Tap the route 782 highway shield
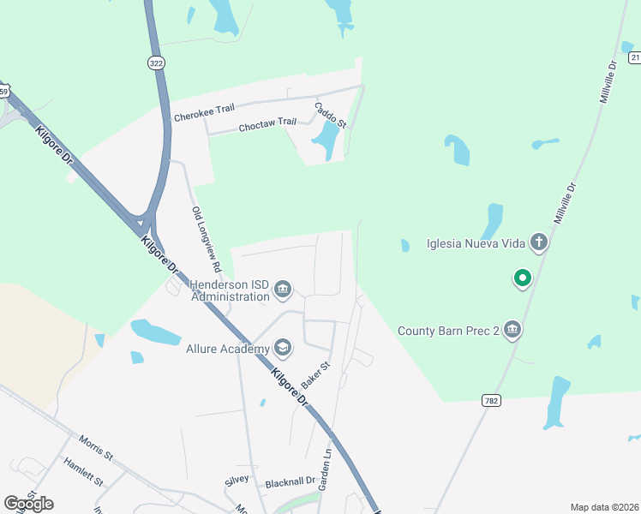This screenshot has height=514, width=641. coord(491,400)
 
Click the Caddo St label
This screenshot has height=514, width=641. coord(330,116)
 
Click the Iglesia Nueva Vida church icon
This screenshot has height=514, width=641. coord(539,242)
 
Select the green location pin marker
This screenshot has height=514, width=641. coord(521,278)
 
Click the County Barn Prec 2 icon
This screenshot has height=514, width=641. coord(512,330)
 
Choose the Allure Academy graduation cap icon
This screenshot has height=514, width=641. coord(283,348)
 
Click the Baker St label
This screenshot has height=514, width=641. coord(316,375)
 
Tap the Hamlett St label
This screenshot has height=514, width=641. coord(81,473)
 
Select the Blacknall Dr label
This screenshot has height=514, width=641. coord(291,483)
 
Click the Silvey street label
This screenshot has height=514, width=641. coord(237,480)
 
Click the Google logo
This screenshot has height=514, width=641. coord(29,504)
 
